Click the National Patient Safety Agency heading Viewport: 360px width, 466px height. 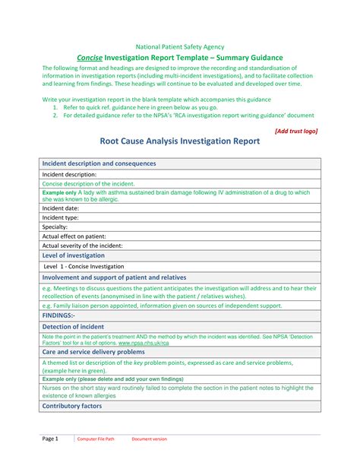(x=179, y=46)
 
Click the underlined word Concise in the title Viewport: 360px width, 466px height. (x=91, y=58)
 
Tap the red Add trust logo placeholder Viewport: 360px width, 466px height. (x=295, y=131)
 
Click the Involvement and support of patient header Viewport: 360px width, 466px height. (x=114, y=278)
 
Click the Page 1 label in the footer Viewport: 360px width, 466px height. (x=50, y=439)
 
